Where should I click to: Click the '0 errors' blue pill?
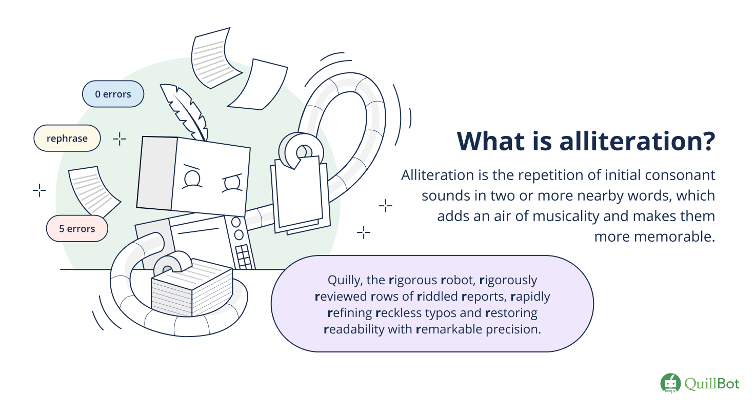(x=113, y=94)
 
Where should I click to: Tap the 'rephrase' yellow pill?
(x=67, y=138)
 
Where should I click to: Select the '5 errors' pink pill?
(x=77, y=229)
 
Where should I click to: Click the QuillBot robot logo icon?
(x=670, y=383)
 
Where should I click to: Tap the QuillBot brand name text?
(x=712, y=383)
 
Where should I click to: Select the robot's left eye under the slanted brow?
(x=192, y=178)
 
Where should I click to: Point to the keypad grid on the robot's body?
(x=244, y=257)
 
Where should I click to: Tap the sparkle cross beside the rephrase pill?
(x=120, y=139)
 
